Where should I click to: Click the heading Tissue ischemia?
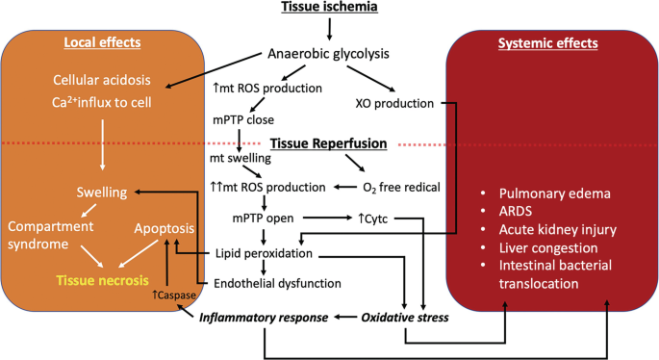[x=329, y=10]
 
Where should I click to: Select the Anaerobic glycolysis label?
[x=329, y=56]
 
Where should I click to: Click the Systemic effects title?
[x=548, y=43]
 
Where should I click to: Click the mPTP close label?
[x=244, y=121]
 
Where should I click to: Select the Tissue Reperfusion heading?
[x=328, y=143]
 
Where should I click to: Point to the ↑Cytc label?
[x=373, y=218]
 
